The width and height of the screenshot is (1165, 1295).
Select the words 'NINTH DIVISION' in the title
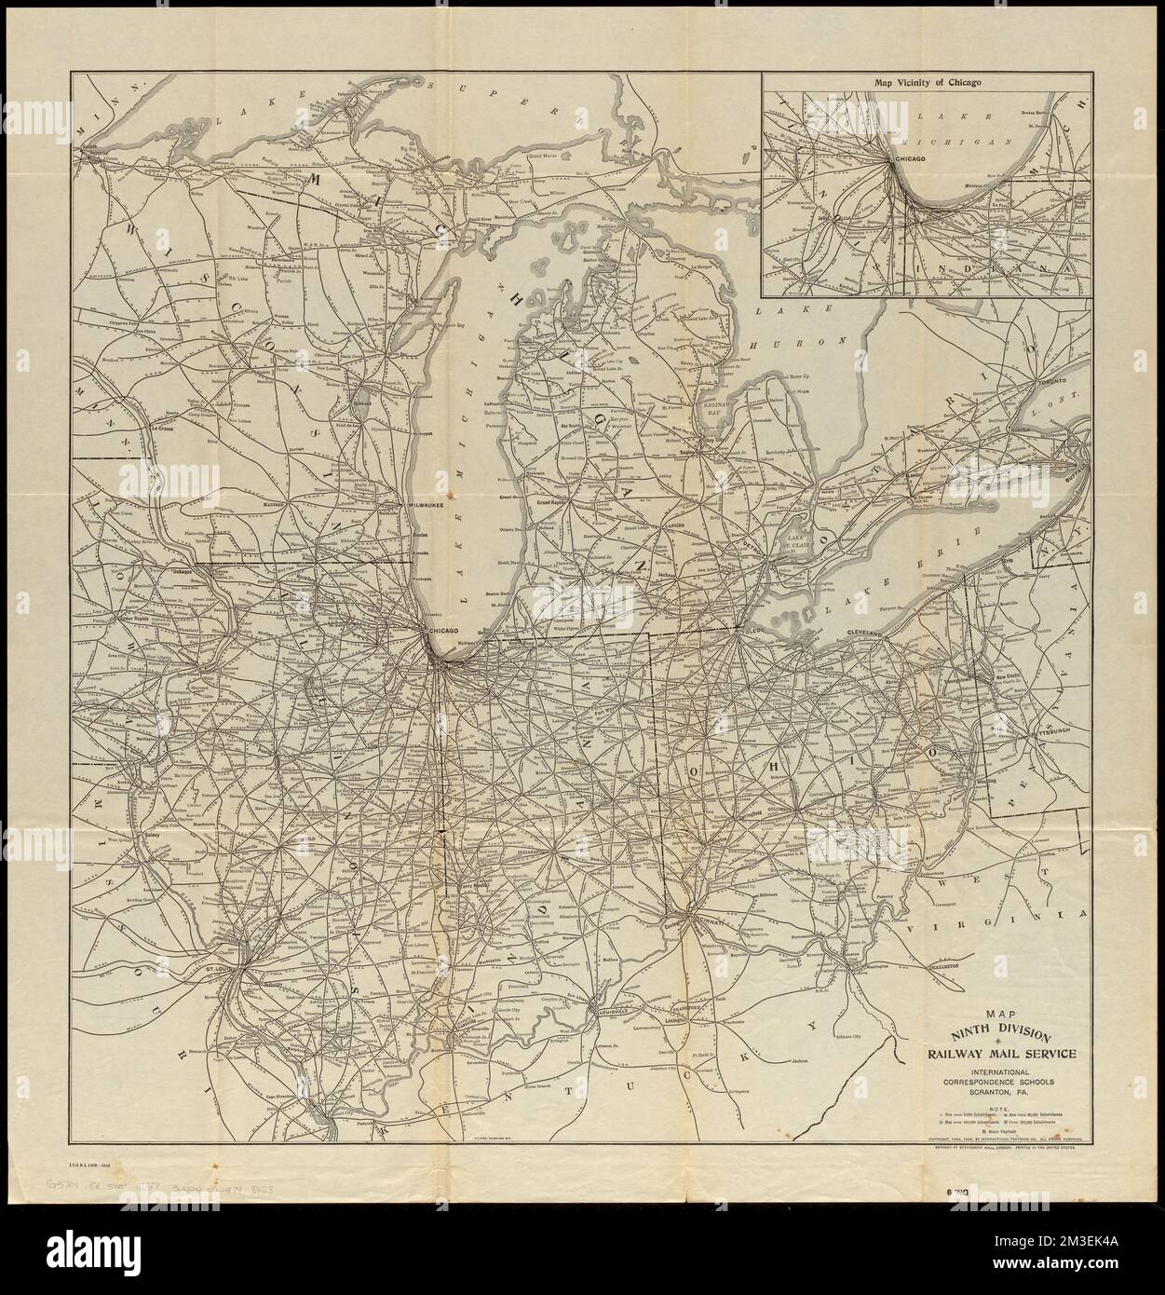tap(998, 1033)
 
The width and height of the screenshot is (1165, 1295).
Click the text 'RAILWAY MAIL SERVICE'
tap(997, 1054)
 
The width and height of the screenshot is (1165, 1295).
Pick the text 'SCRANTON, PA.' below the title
tap(997, 1097)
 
